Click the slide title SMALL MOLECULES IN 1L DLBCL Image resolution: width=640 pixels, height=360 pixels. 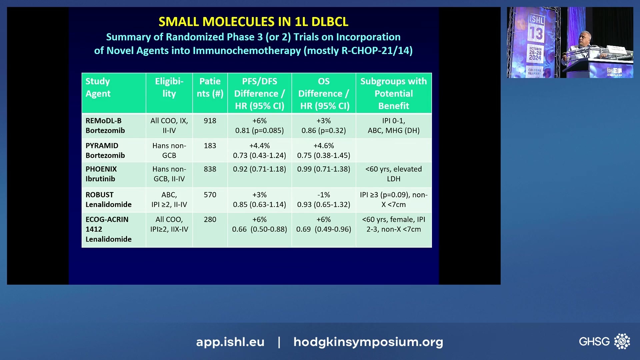pos(253,22)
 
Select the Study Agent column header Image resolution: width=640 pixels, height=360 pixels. pos(98,87)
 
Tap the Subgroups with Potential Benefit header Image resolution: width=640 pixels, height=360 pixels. pos(393,93)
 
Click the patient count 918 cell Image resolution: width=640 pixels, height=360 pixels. pos(210,121)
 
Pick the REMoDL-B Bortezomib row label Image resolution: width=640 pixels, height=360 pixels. pos(105,126)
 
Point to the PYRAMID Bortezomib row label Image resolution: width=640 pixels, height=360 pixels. pos(105,150)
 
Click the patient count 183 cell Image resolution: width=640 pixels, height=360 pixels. pos(210,146)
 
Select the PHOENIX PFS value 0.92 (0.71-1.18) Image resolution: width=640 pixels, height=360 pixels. pos(259,169)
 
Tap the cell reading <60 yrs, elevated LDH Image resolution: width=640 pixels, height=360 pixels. pos(393,174)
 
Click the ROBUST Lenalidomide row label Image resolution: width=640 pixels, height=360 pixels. pos(108,199)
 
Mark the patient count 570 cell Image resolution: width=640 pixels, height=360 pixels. pos(210,195)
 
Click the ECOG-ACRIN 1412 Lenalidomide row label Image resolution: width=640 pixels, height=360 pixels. pos(108,229)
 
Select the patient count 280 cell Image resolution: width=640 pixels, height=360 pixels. pos(210,219)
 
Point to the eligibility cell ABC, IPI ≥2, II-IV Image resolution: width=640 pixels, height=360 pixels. pos(169,199)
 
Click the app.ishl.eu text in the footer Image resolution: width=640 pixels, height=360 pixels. pos(230,342)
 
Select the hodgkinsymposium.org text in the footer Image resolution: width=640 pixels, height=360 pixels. pos(368,342)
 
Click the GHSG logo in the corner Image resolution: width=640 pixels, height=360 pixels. pos(604,341)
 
